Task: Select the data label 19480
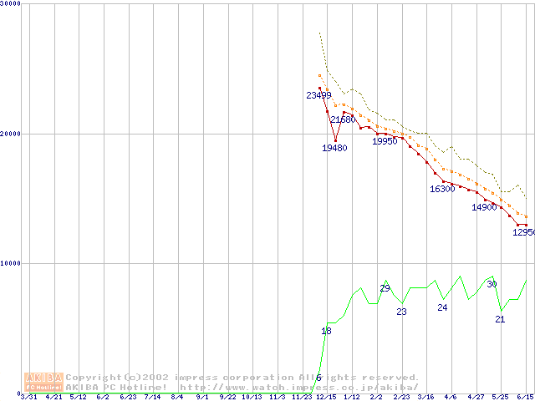[x=334, y=148]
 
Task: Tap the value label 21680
[x=343, y=120]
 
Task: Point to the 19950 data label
[x=385, y=141]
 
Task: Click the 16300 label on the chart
[x=442, y=189]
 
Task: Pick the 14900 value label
[x=484, y=207]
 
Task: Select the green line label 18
[x=326, y=332]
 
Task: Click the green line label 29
[x=385, y=288]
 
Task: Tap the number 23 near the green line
[x=401, y=312]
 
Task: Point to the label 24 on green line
[x=442, y=307]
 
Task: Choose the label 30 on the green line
[x=492, y=284]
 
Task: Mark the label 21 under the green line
[x=500, y=319]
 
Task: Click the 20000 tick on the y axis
[x=10, y=134]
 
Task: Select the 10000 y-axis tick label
[x=10, y=263]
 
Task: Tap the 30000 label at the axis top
[x=10, y=4]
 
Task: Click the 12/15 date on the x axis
[x=326, y=397]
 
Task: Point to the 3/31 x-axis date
[x=28, y=397]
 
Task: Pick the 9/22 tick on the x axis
[x=227, y=397]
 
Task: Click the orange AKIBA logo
[x=43, y=382]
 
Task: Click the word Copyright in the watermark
[x=93, y=378]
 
